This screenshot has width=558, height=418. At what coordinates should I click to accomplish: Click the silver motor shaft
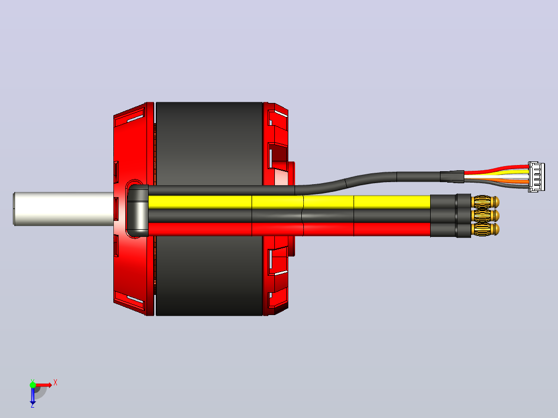pyautogui.click(x=64, y=209)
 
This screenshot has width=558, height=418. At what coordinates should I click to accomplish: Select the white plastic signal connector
pyautogui.click(x=536, y=177)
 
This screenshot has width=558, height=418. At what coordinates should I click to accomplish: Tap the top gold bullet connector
pyautogui.click(x=485, y=202)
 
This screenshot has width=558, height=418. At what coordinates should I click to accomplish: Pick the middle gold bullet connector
pyautogui.click(x=485, y=216)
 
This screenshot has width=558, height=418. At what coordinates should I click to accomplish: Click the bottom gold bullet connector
pyautogui.click(x=485, y=229)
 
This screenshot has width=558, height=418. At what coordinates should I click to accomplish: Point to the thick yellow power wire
pyautogui.click(x=289, y=202)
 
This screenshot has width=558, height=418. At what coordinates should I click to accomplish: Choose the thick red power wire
pyautogui.click(x=289, y=230)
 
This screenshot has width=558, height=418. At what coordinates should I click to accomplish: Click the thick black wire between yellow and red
pyautogui.click(x=289, y=216)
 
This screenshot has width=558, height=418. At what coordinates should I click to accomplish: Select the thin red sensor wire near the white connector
pyautogui.click(x=496, y=169)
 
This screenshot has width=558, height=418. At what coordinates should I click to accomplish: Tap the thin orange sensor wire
pyautogui.click(x=496, y=181)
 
